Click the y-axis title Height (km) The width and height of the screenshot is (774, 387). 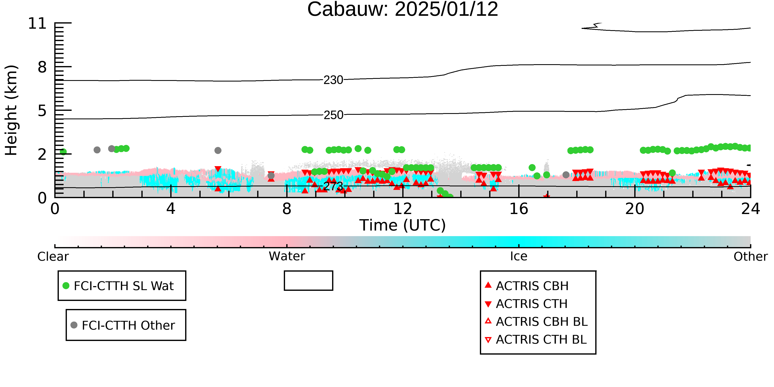coord(11,110)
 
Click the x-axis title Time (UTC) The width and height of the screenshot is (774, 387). coord(403,225)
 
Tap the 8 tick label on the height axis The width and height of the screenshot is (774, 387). coord(42,67)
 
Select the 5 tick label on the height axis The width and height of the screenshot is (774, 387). coord(42,111)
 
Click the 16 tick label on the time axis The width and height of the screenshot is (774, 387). coord(519,209)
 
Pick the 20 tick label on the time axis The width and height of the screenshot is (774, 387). coord(635,209)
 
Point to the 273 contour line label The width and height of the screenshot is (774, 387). coord(333,187)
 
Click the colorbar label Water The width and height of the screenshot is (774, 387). coord(287,256)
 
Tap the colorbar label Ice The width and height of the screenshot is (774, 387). coord(519,256)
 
